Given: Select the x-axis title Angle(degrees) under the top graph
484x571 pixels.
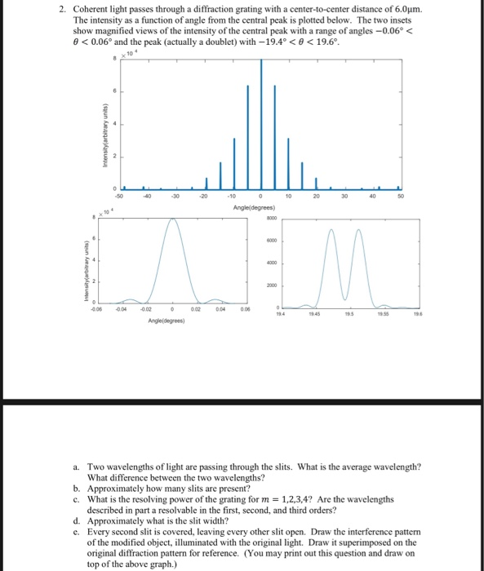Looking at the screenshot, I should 261,207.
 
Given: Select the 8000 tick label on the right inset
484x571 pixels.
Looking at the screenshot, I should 269,218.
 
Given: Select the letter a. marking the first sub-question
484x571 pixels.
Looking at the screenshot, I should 75,464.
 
